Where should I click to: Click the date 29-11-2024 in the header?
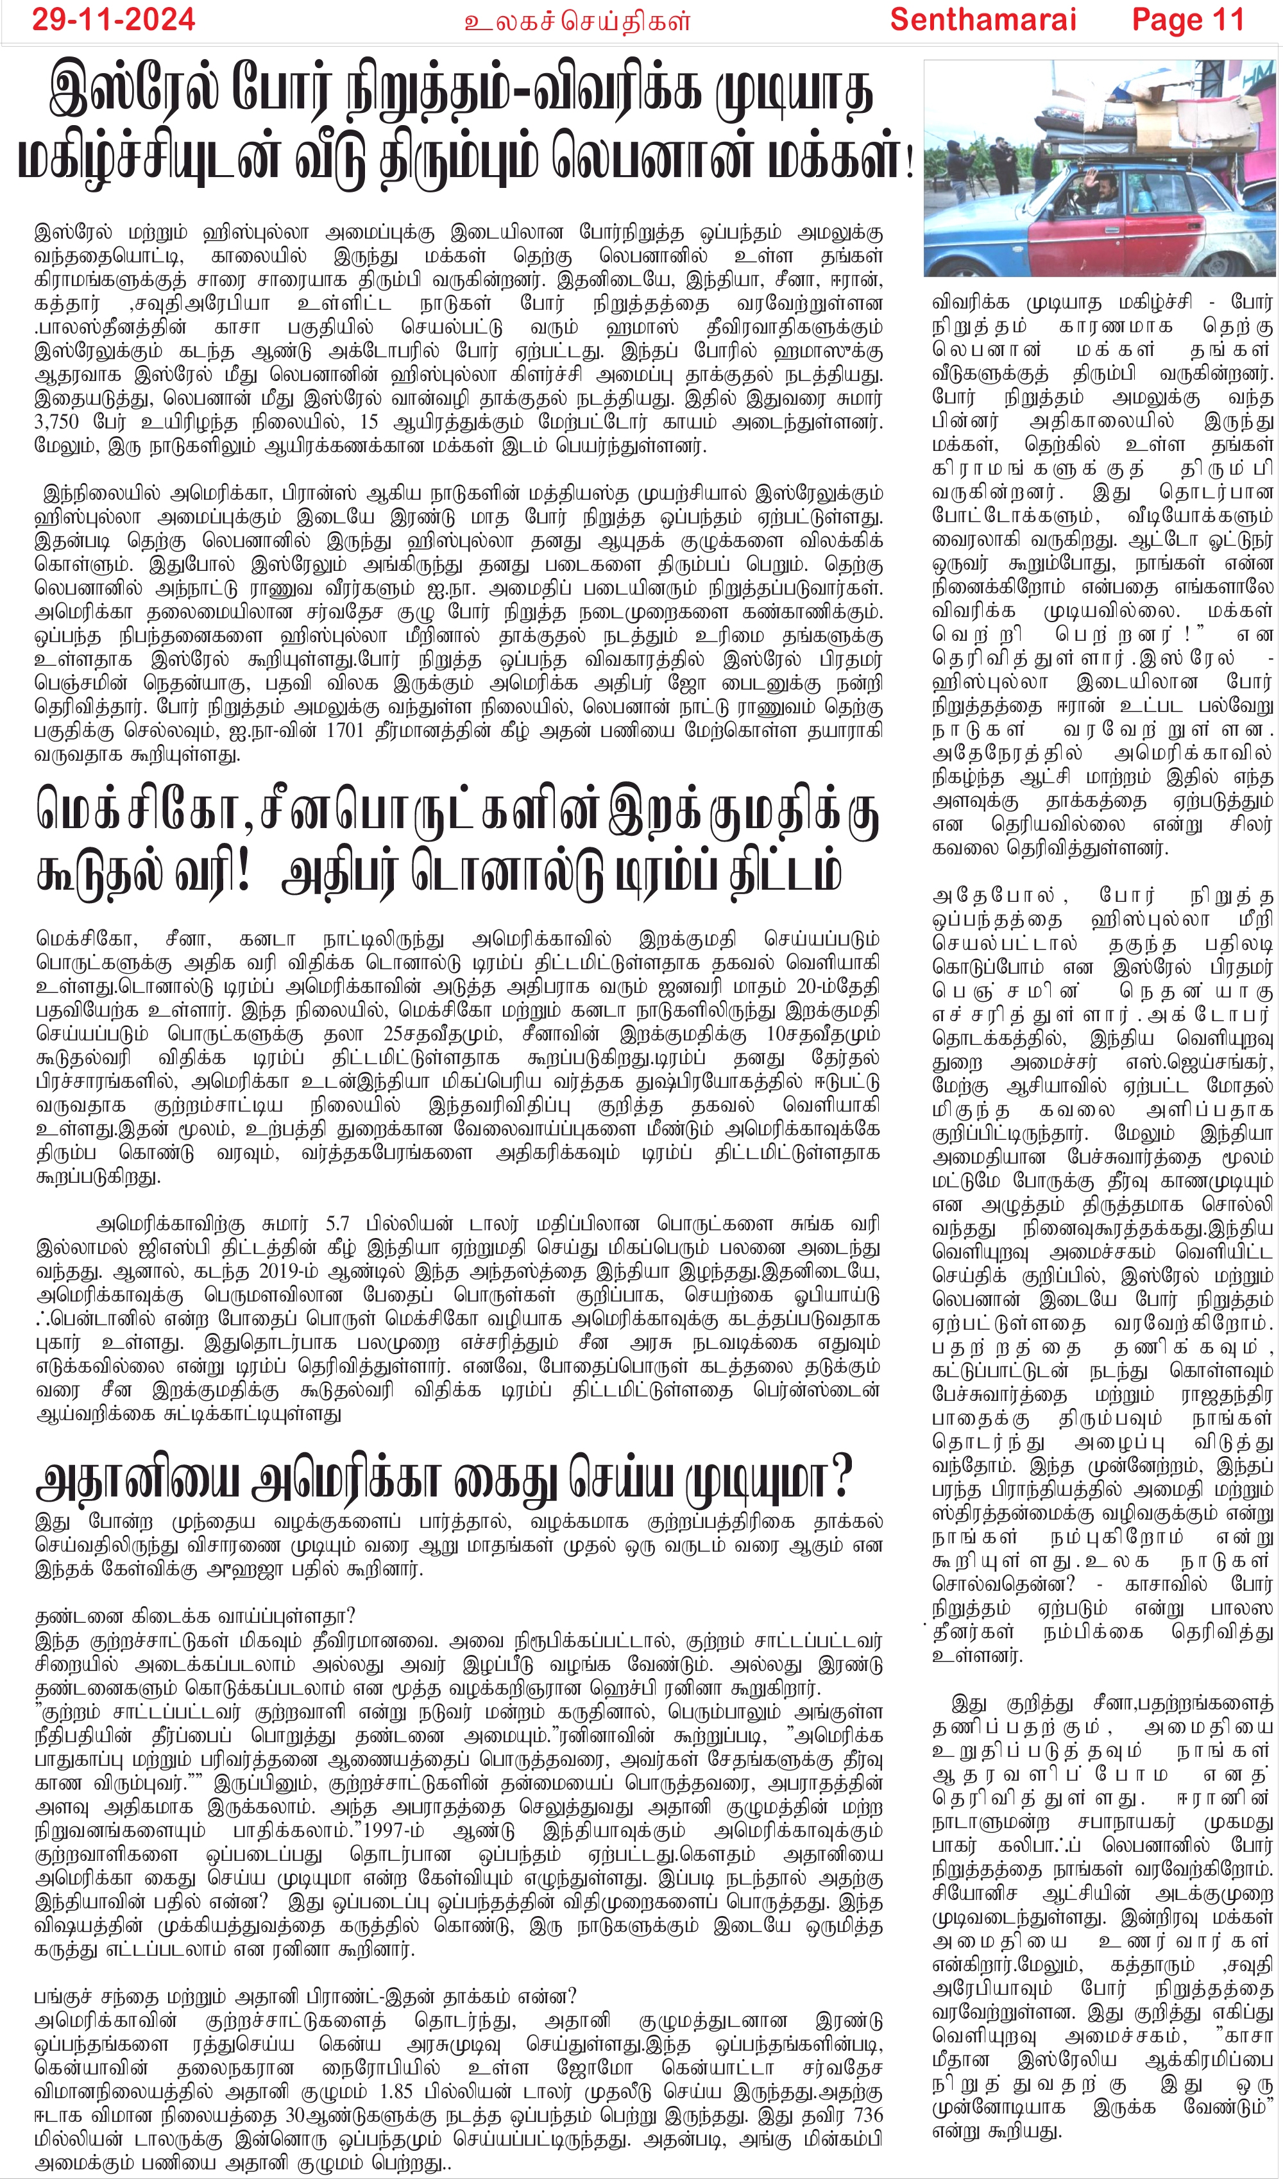coord(114,19)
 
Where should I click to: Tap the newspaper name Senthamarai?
coord(983,19)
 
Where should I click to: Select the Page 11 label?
coord(1188,19)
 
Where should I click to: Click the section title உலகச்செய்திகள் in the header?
coord(577,21)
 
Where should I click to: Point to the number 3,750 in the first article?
coord(56,423)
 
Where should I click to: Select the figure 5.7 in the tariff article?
coord(337,1225)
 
